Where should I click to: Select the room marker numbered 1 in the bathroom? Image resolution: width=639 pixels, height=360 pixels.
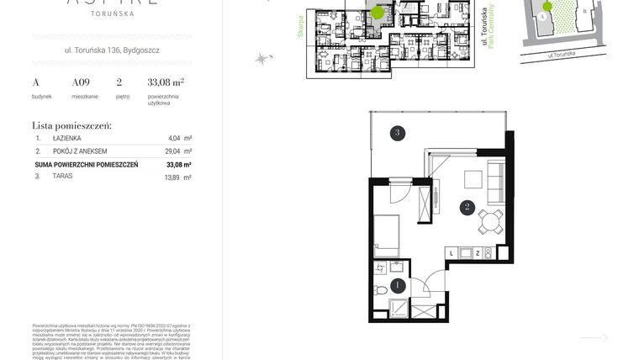398,285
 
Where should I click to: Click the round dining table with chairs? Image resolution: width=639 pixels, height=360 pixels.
488,221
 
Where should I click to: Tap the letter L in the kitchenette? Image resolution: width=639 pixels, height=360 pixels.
452,252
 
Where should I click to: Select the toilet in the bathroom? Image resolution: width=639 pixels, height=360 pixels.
380,290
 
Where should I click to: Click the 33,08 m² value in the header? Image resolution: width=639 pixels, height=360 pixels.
166,82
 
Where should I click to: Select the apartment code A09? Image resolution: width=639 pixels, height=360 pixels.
81,82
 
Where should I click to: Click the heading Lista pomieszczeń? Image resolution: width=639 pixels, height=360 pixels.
71,124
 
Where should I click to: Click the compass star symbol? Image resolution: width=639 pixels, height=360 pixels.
262,58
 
